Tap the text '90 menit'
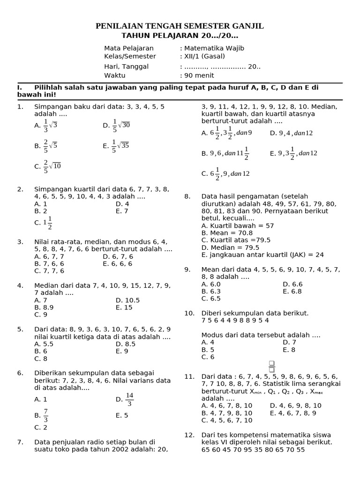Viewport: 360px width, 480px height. click(x=199, y=75)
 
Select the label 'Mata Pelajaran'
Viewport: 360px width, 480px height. click(x=129, y=48)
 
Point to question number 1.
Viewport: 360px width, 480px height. click(x=20, y=107)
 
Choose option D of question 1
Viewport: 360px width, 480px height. click(x=116, y=126)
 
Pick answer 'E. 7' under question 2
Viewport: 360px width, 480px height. click(x=122, y=211)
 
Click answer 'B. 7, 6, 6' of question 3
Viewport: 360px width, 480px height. click(x=49, y=263)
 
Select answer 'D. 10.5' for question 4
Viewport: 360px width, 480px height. click(x=127, y=300)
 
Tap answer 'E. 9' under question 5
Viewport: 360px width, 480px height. click(x=122, y=351)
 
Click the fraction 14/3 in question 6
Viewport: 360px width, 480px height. click(x=130, y=399)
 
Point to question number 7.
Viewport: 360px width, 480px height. click(x=20, y=442)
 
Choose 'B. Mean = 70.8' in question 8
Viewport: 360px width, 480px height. click(x=227, y=233)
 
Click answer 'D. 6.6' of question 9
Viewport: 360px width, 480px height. click(x=292, y=284)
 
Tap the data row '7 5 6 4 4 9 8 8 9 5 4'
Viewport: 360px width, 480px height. click(x=235, y=321)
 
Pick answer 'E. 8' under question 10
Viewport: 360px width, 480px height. click(x=289, y=350)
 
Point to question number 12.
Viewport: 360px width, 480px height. click(x=189, y=435)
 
